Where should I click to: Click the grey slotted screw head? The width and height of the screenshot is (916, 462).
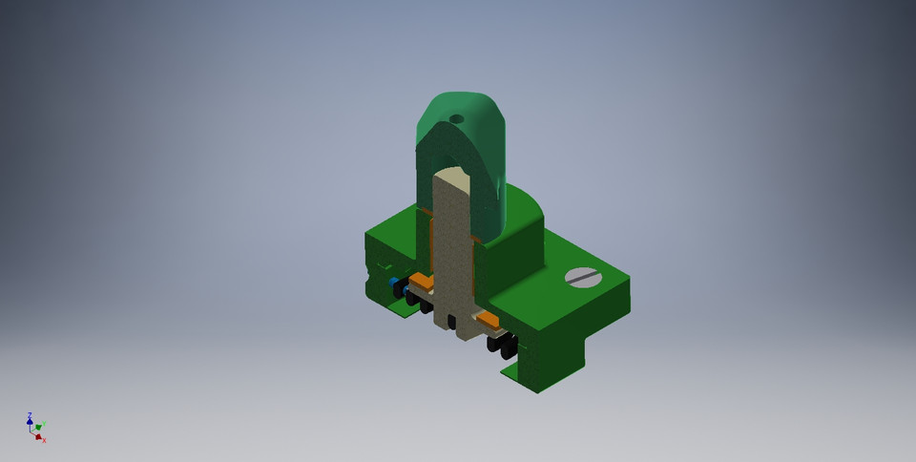point(583,277)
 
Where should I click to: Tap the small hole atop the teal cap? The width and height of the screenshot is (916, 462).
point(456,119)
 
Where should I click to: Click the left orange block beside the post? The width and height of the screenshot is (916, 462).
point(421,282)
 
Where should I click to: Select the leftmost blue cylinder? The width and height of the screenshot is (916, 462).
point(393,283)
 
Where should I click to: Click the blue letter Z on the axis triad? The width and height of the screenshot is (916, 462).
point(29,415)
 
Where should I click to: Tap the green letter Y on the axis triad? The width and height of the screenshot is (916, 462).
point(44,425)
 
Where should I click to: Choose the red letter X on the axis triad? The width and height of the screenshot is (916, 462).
point(44,440)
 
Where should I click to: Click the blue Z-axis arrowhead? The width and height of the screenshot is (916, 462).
point(30,421)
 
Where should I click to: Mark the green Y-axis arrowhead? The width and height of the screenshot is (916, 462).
point(39,427)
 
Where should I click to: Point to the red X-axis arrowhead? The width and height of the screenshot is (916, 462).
point(38,436)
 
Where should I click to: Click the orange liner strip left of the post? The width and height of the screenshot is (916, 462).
point(432,248)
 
